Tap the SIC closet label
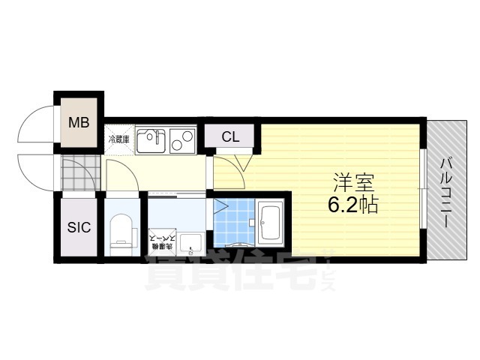79,227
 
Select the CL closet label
230,137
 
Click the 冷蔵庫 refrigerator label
119,139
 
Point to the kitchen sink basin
152,140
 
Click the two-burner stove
181,139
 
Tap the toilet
121,229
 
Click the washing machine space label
163,240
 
